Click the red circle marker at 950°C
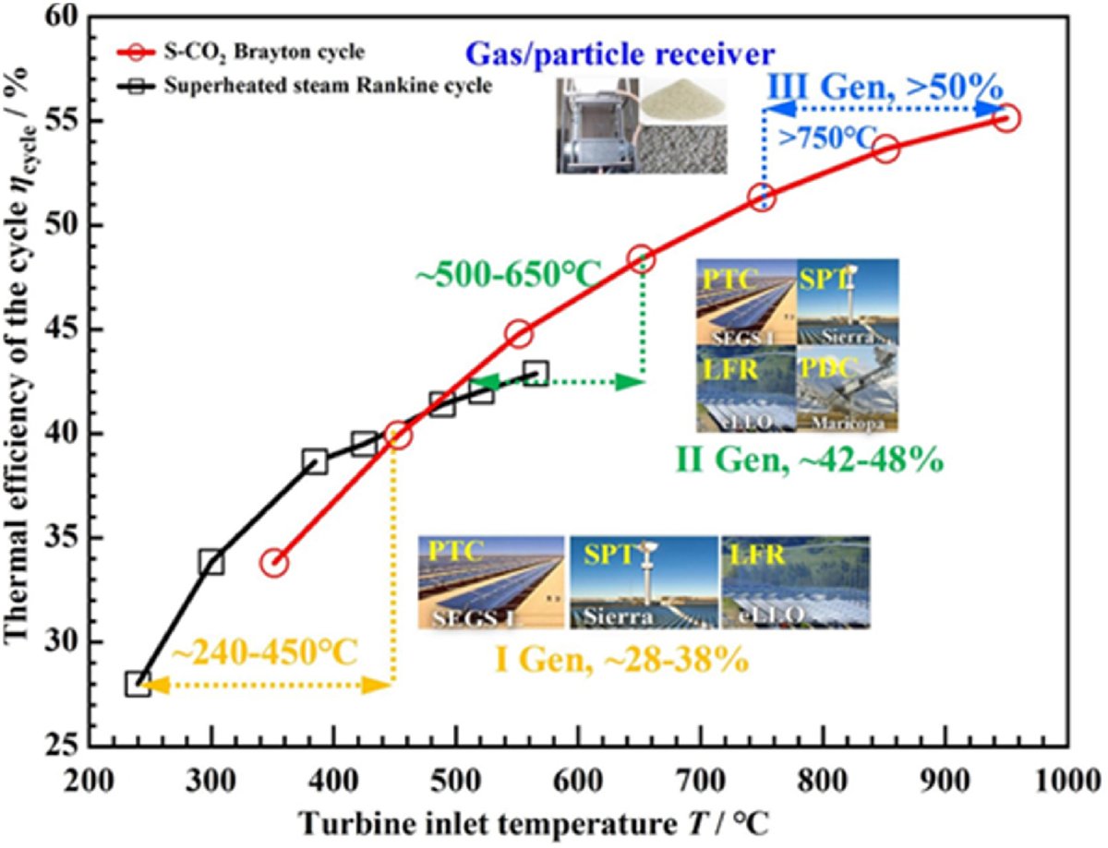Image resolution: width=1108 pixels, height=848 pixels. point(1006,117)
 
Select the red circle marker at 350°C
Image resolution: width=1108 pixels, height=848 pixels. point(274,563)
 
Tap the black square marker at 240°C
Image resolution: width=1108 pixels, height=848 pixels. point(138,684)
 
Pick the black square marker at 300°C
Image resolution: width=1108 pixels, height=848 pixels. point(211,562)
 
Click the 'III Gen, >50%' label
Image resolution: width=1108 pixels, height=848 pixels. point(886,90)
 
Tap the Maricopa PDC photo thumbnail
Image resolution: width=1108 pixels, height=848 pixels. point(848,389)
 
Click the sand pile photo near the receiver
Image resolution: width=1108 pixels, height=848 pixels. point(684,101)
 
